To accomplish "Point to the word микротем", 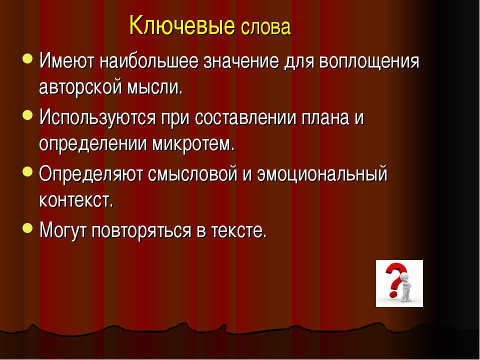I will tap(193, 145).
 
